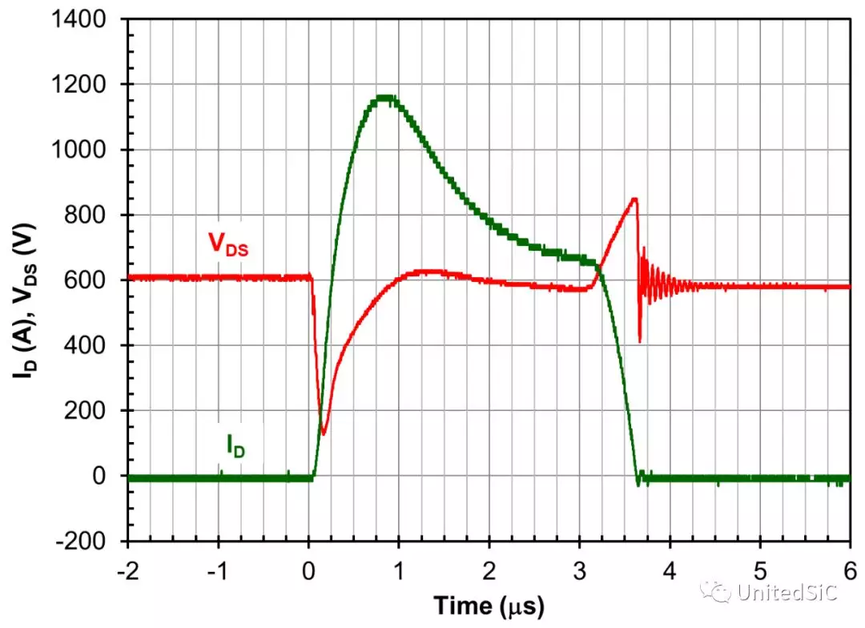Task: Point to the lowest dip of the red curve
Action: pyautogui.click(x=324, y=433)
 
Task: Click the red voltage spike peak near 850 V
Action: pyautogui.click(x=635, y=199)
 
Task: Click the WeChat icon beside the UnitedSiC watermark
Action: pyautogui.click(x=716, y=591)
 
